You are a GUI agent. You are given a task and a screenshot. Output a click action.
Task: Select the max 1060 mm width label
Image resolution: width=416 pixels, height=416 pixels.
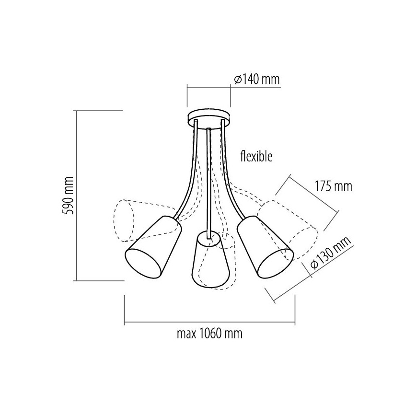coord(209,334)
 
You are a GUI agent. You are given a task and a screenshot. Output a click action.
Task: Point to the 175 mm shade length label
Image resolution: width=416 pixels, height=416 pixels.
coord(333,186)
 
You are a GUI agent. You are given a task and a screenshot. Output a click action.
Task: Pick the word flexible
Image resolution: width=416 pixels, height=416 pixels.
coord(256,156)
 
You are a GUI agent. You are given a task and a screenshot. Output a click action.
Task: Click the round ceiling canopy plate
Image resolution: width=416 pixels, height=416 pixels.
coord(209,116)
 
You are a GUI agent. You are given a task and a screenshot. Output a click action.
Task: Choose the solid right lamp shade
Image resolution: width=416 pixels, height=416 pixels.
coord(263,247)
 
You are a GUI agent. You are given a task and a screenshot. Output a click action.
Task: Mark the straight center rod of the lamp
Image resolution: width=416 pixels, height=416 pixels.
coord(209,182)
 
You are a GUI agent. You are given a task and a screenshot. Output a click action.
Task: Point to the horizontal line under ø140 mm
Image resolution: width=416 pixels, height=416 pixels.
coord(209,88)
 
